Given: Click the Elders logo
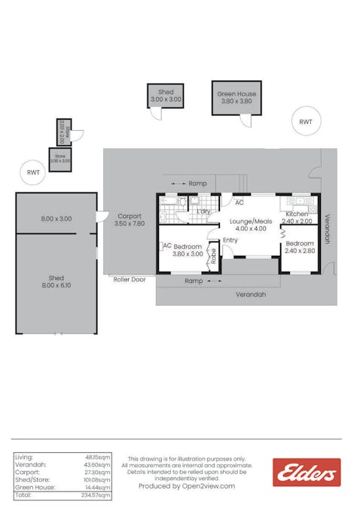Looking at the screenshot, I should (x=307, y=472).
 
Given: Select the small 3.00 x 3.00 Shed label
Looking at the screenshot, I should (x=166, y=96).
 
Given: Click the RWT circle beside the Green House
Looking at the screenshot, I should (x=306, y=121).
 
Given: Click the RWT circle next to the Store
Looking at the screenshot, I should (x=33, y=172).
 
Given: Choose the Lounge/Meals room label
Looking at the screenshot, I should (x=251, y=224).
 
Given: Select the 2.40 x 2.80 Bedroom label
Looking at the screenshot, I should (x=299, y=247).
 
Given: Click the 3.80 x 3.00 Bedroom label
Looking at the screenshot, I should (x=188, y=250).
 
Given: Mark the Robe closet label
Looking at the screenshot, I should (x=214, y=255).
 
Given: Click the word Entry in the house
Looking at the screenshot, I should (x=230, y=239).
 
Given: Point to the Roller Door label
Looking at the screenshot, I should (x=128, y=278).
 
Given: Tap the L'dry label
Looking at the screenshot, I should (x=203, y=211).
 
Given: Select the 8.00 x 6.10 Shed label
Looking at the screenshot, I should (x=56, y=281).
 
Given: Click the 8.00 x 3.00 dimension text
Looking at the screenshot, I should (x=56, y=218).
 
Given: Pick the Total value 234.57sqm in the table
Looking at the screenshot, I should (x=97, y=495).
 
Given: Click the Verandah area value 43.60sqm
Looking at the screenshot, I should (x=99, y=464).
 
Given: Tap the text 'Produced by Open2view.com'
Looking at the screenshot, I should (x=187, y=486).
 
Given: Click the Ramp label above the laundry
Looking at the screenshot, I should (x=197, y=183).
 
